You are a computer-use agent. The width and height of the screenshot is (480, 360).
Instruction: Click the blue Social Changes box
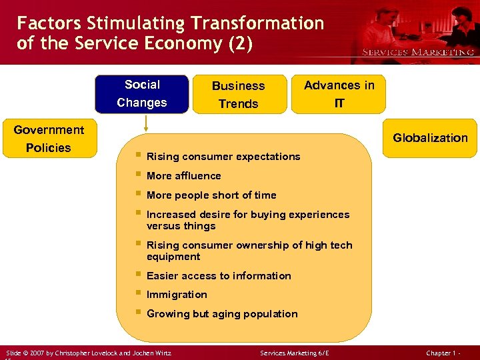[x=141, y=94]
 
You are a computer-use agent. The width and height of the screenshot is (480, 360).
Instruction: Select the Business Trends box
[x=238, y=95]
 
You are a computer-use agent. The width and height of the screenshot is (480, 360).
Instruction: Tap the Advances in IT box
[x=339, y=94]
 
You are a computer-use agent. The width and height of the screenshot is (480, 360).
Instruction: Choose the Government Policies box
[x=49, y=139]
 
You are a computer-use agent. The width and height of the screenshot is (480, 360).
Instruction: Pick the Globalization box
[x=430, y=138]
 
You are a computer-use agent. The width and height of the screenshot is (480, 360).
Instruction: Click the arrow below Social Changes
[x=146, y=124]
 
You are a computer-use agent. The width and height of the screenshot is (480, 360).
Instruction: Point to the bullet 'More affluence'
[x=183, y=176]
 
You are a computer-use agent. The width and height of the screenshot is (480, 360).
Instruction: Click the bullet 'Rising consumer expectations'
[x=223, y=157]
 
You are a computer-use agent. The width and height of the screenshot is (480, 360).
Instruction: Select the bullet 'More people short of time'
[x=211, y=195]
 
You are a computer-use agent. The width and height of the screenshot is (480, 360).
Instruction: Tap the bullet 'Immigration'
[x=177, y=295]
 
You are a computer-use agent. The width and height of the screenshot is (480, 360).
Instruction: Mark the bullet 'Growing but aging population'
[x=222, y=314]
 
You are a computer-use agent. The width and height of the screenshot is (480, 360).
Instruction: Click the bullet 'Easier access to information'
[x=219, y=276]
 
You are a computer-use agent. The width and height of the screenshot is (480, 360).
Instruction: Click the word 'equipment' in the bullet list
[x=173, y=257]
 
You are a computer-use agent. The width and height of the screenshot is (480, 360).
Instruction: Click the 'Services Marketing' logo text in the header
[x=418, y=52]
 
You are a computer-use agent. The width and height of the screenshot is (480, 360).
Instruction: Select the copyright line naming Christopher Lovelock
[x=88, y=352]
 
